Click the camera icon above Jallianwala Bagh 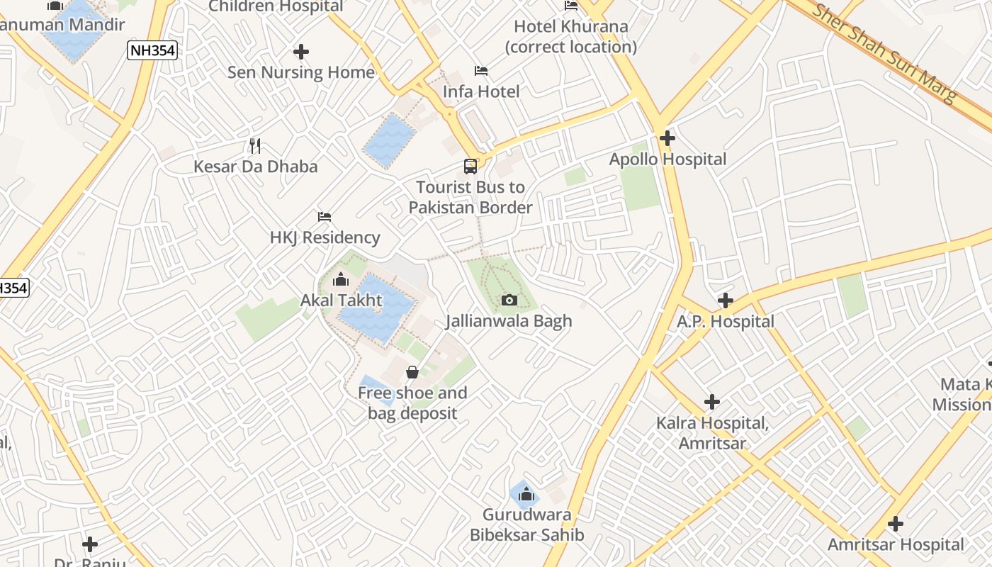[509, 300]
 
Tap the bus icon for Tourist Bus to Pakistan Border [470, 167]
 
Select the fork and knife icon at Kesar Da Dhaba [255, 146]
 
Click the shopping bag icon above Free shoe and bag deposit [412, 372]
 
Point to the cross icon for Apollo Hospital [667, 138]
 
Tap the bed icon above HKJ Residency [325, 216]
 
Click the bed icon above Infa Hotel [481, 71]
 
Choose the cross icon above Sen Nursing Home [301, 52]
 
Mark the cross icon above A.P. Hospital [725, 301]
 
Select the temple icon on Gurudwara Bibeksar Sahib [526, 494]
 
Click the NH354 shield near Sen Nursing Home [152, 50]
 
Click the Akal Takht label [342, 300]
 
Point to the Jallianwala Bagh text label [509, 321]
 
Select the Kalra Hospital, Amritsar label [712, 433]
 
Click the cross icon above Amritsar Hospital [896, 524]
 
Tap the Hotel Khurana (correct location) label [571, 37]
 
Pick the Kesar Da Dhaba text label [256, 167]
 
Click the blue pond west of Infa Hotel [389, 140]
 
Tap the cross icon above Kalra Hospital [712, 403]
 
